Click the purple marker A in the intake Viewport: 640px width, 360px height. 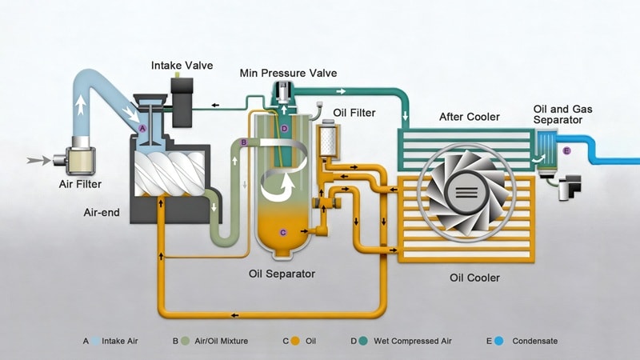[142, 128]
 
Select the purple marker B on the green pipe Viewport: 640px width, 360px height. [243, 142]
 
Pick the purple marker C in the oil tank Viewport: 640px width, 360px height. [282, 232]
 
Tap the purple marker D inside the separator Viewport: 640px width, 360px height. [285, 128]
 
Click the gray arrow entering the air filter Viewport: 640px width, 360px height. [37, 161]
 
